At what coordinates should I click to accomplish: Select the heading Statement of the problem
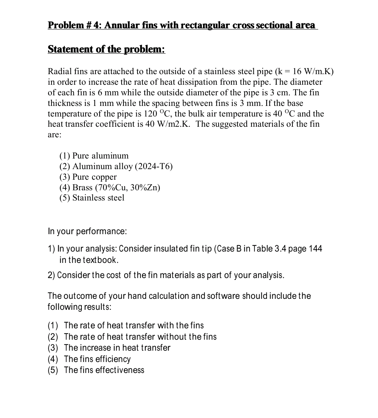click(106, 49)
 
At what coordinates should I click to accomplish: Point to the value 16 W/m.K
click(307, 71)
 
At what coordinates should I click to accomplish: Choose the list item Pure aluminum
click(100, 156)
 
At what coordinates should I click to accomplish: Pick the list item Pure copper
click(94, 177)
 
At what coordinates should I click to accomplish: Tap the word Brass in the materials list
click(82, 188)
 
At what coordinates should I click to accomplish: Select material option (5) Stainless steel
click(92, 198)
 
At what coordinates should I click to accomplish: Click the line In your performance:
click(87, 231)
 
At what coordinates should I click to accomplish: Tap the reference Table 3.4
click(270, 249)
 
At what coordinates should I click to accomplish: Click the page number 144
click(316, 249)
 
